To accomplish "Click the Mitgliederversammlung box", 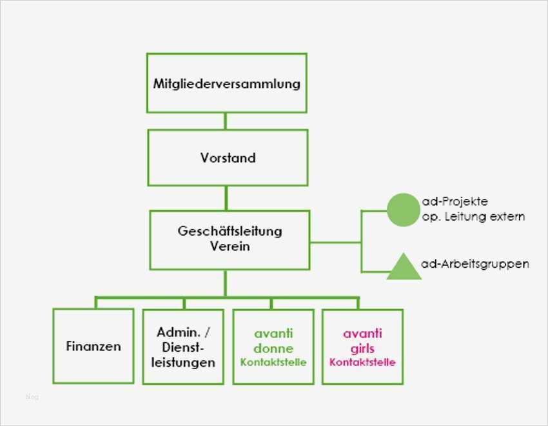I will [226, 83].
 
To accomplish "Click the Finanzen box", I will [93, 347].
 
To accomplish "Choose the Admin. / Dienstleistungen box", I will [183, 347].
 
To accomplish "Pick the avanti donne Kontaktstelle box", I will [273, 347].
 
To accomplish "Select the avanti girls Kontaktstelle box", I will [362, 347].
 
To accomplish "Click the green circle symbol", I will [403, 210].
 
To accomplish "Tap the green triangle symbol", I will [404, 267].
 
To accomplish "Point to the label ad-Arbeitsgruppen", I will [475, 264].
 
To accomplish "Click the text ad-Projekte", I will [454, 202].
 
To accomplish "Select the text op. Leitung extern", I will [473, 217].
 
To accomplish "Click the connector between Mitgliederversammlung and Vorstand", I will [226, 121].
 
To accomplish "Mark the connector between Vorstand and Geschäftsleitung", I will [226, 198].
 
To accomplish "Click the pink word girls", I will [362, 348].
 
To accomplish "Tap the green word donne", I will [273, 348].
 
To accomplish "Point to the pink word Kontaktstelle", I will [362, 362].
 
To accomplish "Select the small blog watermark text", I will [32, 397].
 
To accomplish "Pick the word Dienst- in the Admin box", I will [183, 348].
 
